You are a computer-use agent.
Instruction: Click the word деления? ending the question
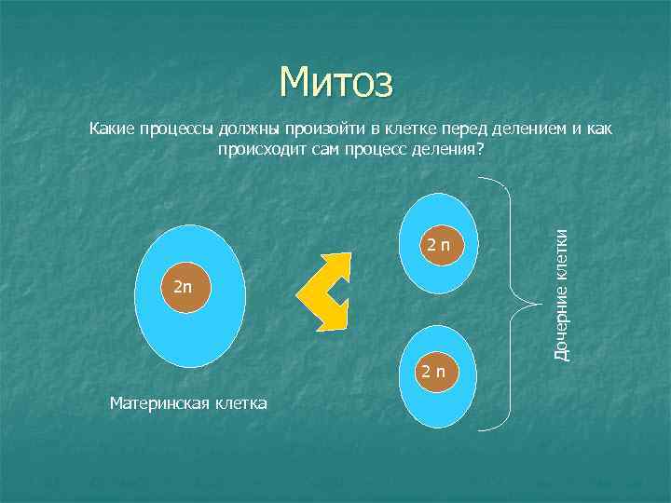tap(452, 148)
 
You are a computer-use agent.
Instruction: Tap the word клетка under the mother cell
tap(240, 403)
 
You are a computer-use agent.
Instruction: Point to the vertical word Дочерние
tap(562, 325)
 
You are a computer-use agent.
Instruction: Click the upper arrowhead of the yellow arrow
tap(340, 264)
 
